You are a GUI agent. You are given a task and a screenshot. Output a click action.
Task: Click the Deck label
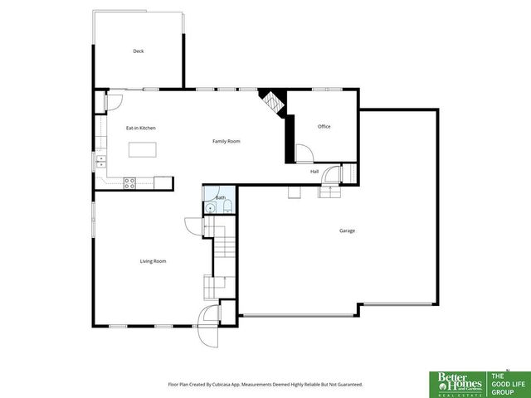pyautogui.click(x=139, y=51)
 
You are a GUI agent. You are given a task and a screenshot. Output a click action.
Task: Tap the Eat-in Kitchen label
pyautogui.click(x=140, y=128)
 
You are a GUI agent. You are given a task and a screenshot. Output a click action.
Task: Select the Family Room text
pyautogui.click(x=226, y=142)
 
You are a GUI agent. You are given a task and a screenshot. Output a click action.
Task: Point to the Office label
pyautogui.click(x=324, y=127)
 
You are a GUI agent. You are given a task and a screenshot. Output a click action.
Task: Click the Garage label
pyautogui.click(x=347, y=231)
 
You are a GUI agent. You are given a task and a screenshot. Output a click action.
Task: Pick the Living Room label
pyautogui.click(x=153, y=261)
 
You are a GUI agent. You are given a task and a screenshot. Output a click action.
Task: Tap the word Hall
pyautogui.click(x=314, y=172)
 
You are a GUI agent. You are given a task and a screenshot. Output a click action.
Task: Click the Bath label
pyautogui.click(x=221, y=198)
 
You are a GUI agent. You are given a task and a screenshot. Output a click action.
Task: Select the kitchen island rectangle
pyautogui.click(x=143, y=150)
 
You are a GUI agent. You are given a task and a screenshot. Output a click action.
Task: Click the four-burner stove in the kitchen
pyautogui.click(x=130, y=183)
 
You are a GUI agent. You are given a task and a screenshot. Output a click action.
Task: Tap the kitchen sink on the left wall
pyautogui.click(x=100, y=161)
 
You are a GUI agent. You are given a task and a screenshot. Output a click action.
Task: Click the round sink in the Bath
pyautogui.click(x=211, y=210)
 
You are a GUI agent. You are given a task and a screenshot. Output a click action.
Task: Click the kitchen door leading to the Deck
pyautogui.click(x=114, y=102)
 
